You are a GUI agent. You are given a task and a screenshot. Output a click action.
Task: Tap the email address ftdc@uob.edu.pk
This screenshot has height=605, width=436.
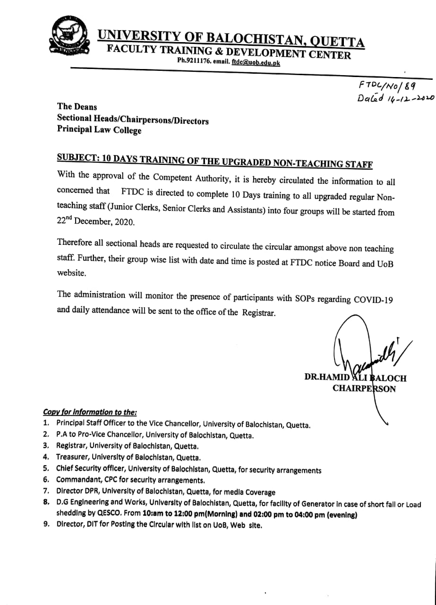(x=256, y=62)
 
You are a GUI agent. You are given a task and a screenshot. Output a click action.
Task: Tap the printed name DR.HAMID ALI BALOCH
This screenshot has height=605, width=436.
(x=355, y=378)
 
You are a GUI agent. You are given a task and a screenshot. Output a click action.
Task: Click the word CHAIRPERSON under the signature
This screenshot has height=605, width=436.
(x=364, y=389)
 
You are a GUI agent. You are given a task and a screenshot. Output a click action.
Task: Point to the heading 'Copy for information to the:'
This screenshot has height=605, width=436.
(x=90, y=413)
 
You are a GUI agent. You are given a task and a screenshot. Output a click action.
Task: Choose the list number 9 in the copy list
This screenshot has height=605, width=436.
(x=46, y=525)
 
